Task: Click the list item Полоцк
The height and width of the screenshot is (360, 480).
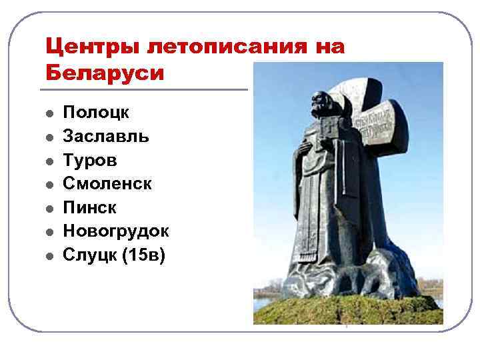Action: [96, 113]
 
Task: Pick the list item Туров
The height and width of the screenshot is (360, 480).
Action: [90, 160]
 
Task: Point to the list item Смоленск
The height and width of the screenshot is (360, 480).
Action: [107, 183]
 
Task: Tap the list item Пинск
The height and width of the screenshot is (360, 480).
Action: [89, 207]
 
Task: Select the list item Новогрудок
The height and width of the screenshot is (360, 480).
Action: [116, 231]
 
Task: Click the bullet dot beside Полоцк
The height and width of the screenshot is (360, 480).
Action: [49, 113]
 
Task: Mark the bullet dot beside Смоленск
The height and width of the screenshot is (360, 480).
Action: [49, 184]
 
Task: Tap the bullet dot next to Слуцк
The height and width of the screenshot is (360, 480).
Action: [49, 255]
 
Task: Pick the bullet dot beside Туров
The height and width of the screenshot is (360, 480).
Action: [49, 161]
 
